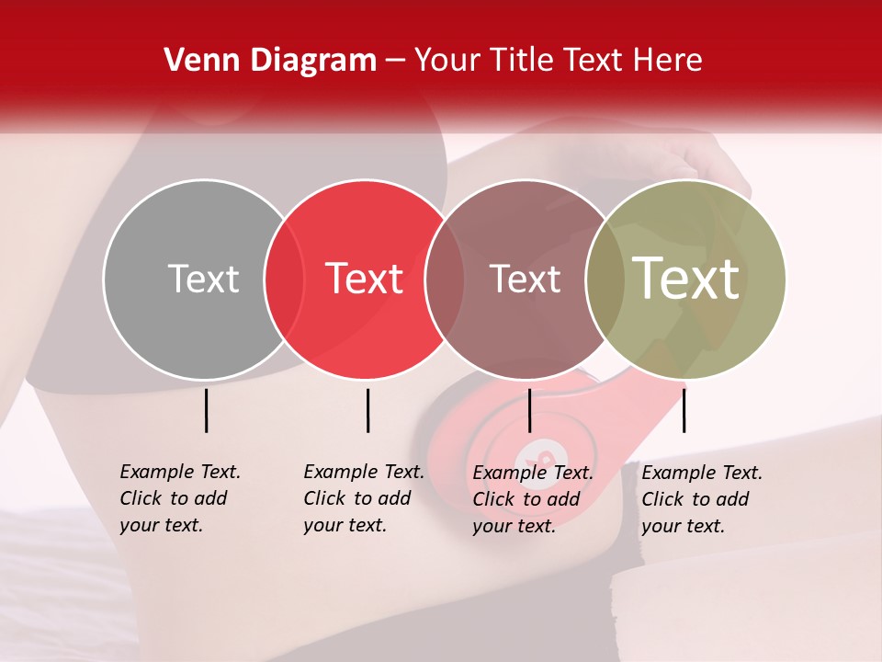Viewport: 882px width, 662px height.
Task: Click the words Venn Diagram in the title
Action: click(x=270, y=61)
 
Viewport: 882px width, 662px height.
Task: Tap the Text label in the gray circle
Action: click(x=203, y=279)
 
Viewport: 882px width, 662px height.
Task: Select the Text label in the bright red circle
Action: click(x=365, y=279)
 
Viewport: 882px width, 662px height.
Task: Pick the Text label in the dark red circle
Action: click(x=525, y=279)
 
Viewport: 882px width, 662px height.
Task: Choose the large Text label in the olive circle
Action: click(x=686, y=278)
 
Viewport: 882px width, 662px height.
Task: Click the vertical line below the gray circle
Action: click(x=206, y=410)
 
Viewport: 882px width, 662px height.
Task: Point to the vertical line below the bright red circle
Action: click(x=367, y=410)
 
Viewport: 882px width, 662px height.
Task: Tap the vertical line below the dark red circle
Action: click(x=529, y=410)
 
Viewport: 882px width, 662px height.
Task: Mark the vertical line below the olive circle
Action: click(x=684, y=410)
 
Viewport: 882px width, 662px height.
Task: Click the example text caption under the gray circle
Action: click(x=180, y=498)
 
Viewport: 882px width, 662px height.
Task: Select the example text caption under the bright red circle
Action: click(x=364, y=498)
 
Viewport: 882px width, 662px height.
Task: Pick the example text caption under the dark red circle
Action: click(x=533, y=499)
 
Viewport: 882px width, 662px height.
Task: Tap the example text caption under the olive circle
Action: click(x=702, y=499)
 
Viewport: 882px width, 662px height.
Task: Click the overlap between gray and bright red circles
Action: click(x=284, y=279)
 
